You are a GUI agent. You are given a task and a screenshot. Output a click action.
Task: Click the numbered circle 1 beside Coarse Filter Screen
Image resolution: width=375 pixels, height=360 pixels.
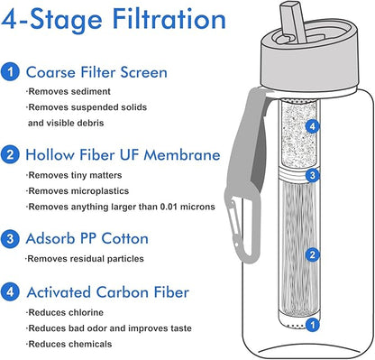(x=10, y=71)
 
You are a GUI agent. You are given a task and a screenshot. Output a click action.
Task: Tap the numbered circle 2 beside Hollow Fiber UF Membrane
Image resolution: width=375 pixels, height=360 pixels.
(x=10, y=154)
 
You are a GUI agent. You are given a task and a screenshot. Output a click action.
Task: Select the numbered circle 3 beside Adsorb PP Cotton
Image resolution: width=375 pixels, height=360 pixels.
(x=10, y=238)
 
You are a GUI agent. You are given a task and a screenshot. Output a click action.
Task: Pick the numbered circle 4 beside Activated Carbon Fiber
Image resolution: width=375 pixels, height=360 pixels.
(x=10, y=291)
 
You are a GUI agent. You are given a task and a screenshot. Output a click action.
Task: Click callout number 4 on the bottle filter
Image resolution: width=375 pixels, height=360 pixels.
(x=313, y=126)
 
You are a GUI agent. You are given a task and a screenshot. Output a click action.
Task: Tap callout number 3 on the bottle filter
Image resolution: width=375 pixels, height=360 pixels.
(x=313, y=175)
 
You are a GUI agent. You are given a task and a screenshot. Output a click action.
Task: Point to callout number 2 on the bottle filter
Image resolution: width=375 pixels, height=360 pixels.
(x=313, y=255)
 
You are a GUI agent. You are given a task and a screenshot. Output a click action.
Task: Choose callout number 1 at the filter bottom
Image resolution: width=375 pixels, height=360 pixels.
(x=313, y=325)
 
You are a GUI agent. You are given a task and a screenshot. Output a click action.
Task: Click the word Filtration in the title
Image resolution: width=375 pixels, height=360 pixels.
(x=169, y=19)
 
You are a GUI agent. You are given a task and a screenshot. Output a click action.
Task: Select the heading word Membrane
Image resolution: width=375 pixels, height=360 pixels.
(x=182, y=155)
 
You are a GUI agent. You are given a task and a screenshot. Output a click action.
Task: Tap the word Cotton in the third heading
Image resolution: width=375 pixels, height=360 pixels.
(x=124, y=238)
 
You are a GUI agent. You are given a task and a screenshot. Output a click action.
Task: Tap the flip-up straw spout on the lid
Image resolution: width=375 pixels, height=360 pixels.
(x=293, y=22)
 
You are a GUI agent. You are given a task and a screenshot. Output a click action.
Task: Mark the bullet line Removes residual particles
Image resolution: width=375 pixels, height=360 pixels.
(x=85, y=259)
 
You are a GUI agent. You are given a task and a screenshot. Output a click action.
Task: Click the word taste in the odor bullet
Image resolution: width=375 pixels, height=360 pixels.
(x=179, y=328)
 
